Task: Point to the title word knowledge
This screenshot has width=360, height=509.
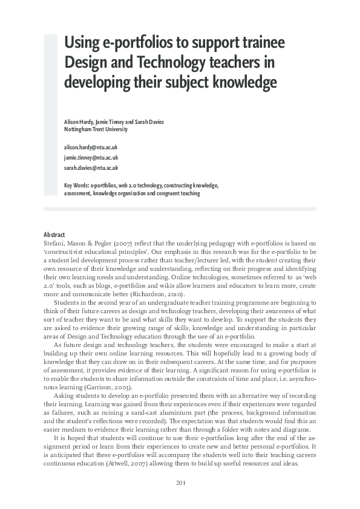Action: (242, 81)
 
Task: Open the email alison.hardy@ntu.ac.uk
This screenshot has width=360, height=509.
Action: (91, 148)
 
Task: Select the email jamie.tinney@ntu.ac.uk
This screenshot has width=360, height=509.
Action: (91, 158)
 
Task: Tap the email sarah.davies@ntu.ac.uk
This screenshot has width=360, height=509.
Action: (91, 168)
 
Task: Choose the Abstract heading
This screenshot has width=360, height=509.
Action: (54, 235)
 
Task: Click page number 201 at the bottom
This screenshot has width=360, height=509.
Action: (180, 482)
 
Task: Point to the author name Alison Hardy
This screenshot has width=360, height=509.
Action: (80, 122)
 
